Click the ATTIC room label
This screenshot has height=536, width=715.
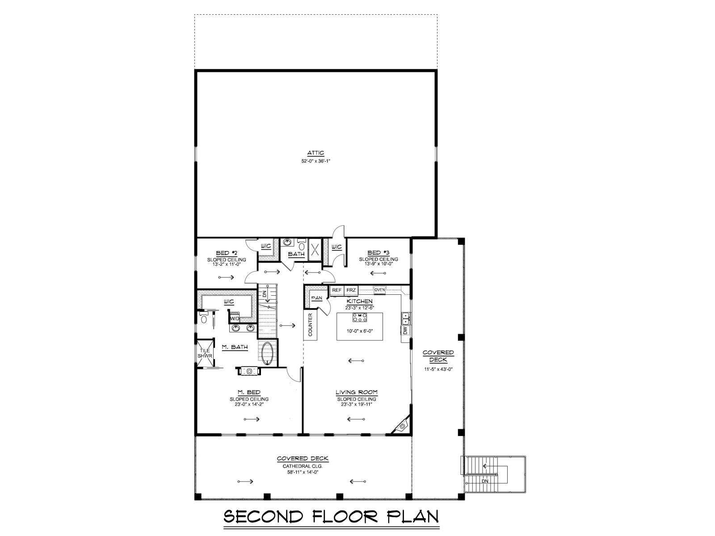click(315, 153)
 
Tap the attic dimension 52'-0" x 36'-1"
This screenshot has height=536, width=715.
click(315, 161)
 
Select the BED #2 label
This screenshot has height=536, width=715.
click(227, 253)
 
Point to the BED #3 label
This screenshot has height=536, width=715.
click(378, 252)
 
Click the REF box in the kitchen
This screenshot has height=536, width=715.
click(337, 290)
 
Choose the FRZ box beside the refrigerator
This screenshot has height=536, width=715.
click(351, 290)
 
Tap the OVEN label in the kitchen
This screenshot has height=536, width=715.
click(379, 289)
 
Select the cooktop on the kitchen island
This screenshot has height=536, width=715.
click(360, 317)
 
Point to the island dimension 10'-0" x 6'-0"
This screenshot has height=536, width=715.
click(360, 331)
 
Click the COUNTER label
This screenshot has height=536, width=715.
click(310, 324)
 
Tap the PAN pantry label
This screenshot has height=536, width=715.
click(317, 298)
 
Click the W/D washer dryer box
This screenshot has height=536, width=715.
click(235, 318)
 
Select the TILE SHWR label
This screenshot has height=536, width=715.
click(205, 353)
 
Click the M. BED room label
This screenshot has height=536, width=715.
click(249, 392)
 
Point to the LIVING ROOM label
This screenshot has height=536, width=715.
click(357, 392)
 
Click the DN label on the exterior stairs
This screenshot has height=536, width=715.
click(485, 481)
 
